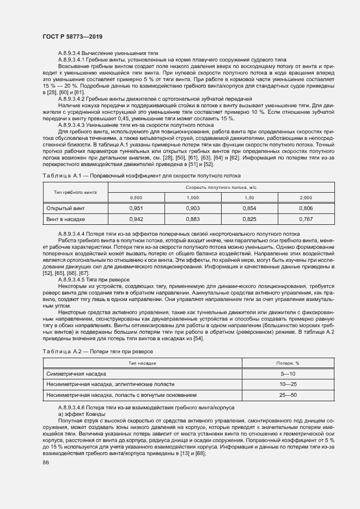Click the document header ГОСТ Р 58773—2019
point(72,36)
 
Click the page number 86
point(46,462)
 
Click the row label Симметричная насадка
point(76,374)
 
